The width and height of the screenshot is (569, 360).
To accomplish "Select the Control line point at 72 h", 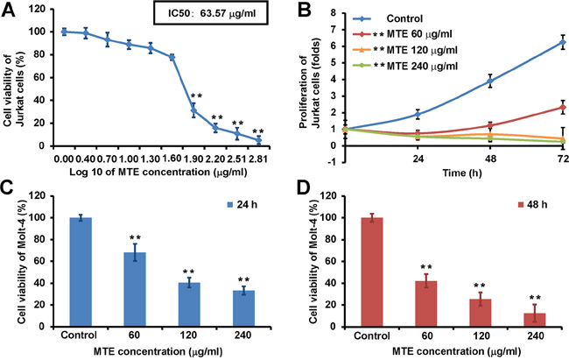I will tap(551, 42).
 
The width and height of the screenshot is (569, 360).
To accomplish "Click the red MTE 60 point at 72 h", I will tap(551, 108).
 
